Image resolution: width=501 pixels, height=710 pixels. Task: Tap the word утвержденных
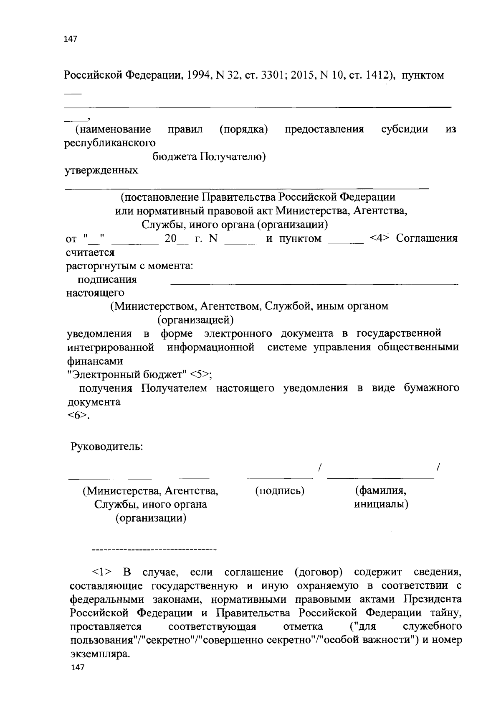(101, 171)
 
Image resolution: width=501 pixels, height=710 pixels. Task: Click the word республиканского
(110, 143)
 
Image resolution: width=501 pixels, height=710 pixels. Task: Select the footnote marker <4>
(380, 238)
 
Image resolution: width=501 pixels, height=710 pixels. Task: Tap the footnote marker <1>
(103, 572)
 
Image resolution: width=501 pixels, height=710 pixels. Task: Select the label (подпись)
(280, 490)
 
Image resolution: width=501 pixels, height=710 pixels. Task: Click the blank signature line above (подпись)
(280, 478)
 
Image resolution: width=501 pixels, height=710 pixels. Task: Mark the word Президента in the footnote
(432, 599)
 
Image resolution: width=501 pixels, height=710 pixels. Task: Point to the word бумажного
(431, 388)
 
